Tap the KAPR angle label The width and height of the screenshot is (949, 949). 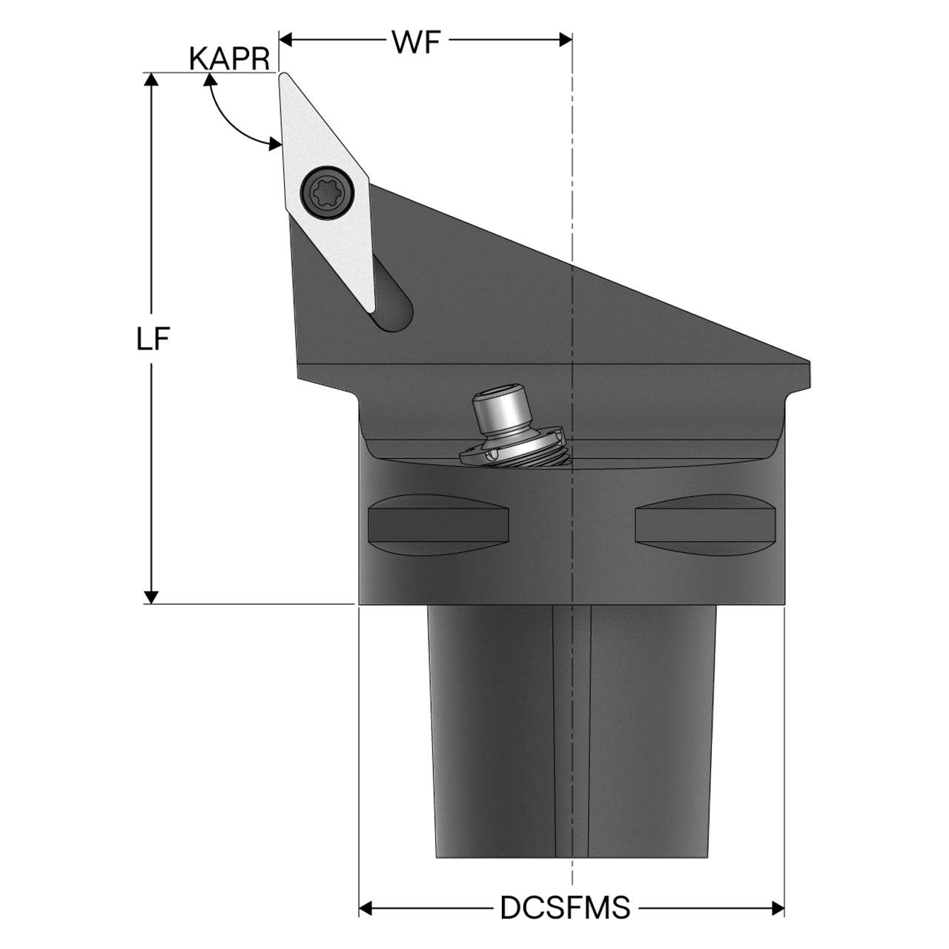point(230,59)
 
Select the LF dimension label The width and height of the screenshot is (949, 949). point(153,339)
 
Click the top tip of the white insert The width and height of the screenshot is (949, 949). point(284,74)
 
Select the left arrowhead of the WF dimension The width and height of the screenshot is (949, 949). point(285,40)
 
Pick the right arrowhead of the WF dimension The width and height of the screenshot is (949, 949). point(566,40)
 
